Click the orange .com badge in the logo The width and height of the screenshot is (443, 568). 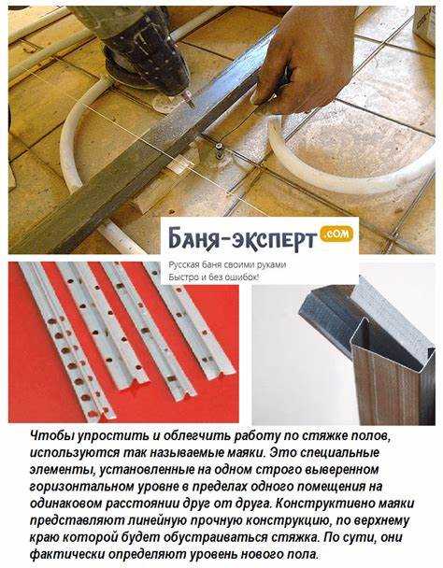336,234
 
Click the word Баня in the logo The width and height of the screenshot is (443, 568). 193,239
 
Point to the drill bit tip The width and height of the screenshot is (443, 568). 192,106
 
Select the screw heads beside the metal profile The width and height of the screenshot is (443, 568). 220,150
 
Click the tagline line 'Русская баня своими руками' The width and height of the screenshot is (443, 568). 227,264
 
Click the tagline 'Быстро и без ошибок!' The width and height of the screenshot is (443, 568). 214,277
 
